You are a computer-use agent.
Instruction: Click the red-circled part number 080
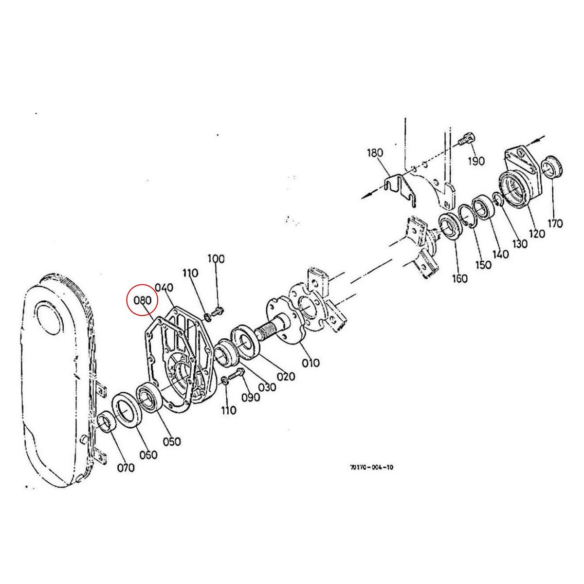click(x=143, y=300)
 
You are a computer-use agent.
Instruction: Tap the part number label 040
click(x=164, y=288)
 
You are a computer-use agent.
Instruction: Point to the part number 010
click(x=310, y=363)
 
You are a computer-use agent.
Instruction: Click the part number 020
click(x=286, y=376)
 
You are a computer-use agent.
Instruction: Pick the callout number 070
click(x=125, y=468)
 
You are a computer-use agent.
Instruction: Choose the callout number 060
click(x=148, y=455)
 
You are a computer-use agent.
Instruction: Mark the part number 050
click(x=171, y=441)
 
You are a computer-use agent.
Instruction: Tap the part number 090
click(x=251, y=397)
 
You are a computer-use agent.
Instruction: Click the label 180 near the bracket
click(x=375, y=153)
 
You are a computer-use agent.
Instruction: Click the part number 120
click(x=537, y=234)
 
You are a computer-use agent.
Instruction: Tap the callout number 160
click(x=459, y=278)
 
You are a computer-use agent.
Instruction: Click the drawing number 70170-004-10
click(x=371, y=467)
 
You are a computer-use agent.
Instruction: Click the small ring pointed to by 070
click(x=106, y=422)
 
